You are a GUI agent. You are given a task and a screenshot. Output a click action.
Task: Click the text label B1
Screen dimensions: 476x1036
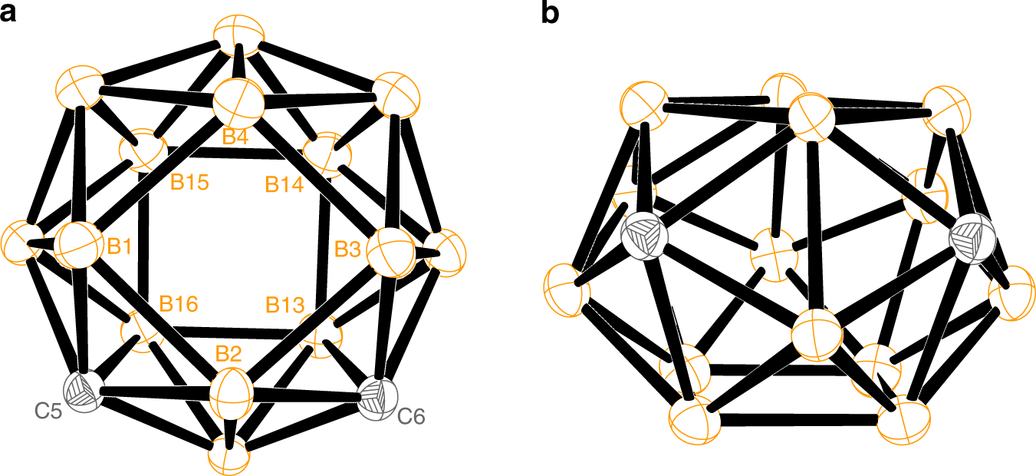point(120,246)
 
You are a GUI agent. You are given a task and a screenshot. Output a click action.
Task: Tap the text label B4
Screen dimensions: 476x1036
point(235,137)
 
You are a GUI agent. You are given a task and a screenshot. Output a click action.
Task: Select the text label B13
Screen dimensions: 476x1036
point(284,305)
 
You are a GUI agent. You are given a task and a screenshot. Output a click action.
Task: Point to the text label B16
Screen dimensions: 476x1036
point(179,303)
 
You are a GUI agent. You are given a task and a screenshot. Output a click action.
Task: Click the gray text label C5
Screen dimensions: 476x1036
point(48,411)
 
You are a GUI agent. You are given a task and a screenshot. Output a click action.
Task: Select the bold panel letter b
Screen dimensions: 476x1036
point(551,14)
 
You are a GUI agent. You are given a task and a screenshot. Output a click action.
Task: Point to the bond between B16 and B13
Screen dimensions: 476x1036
point(230,332)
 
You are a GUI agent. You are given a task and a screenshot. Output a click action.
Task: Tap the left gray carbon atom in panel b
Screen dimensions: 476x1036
point(643,236)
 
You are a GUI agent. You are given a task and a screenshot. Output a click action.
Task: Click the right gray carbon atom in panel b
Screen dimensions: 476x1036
point(970,239)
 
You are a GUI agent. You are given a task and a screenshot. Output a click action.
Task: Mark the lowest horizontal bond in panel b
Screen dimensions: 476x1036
point(800,420)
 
